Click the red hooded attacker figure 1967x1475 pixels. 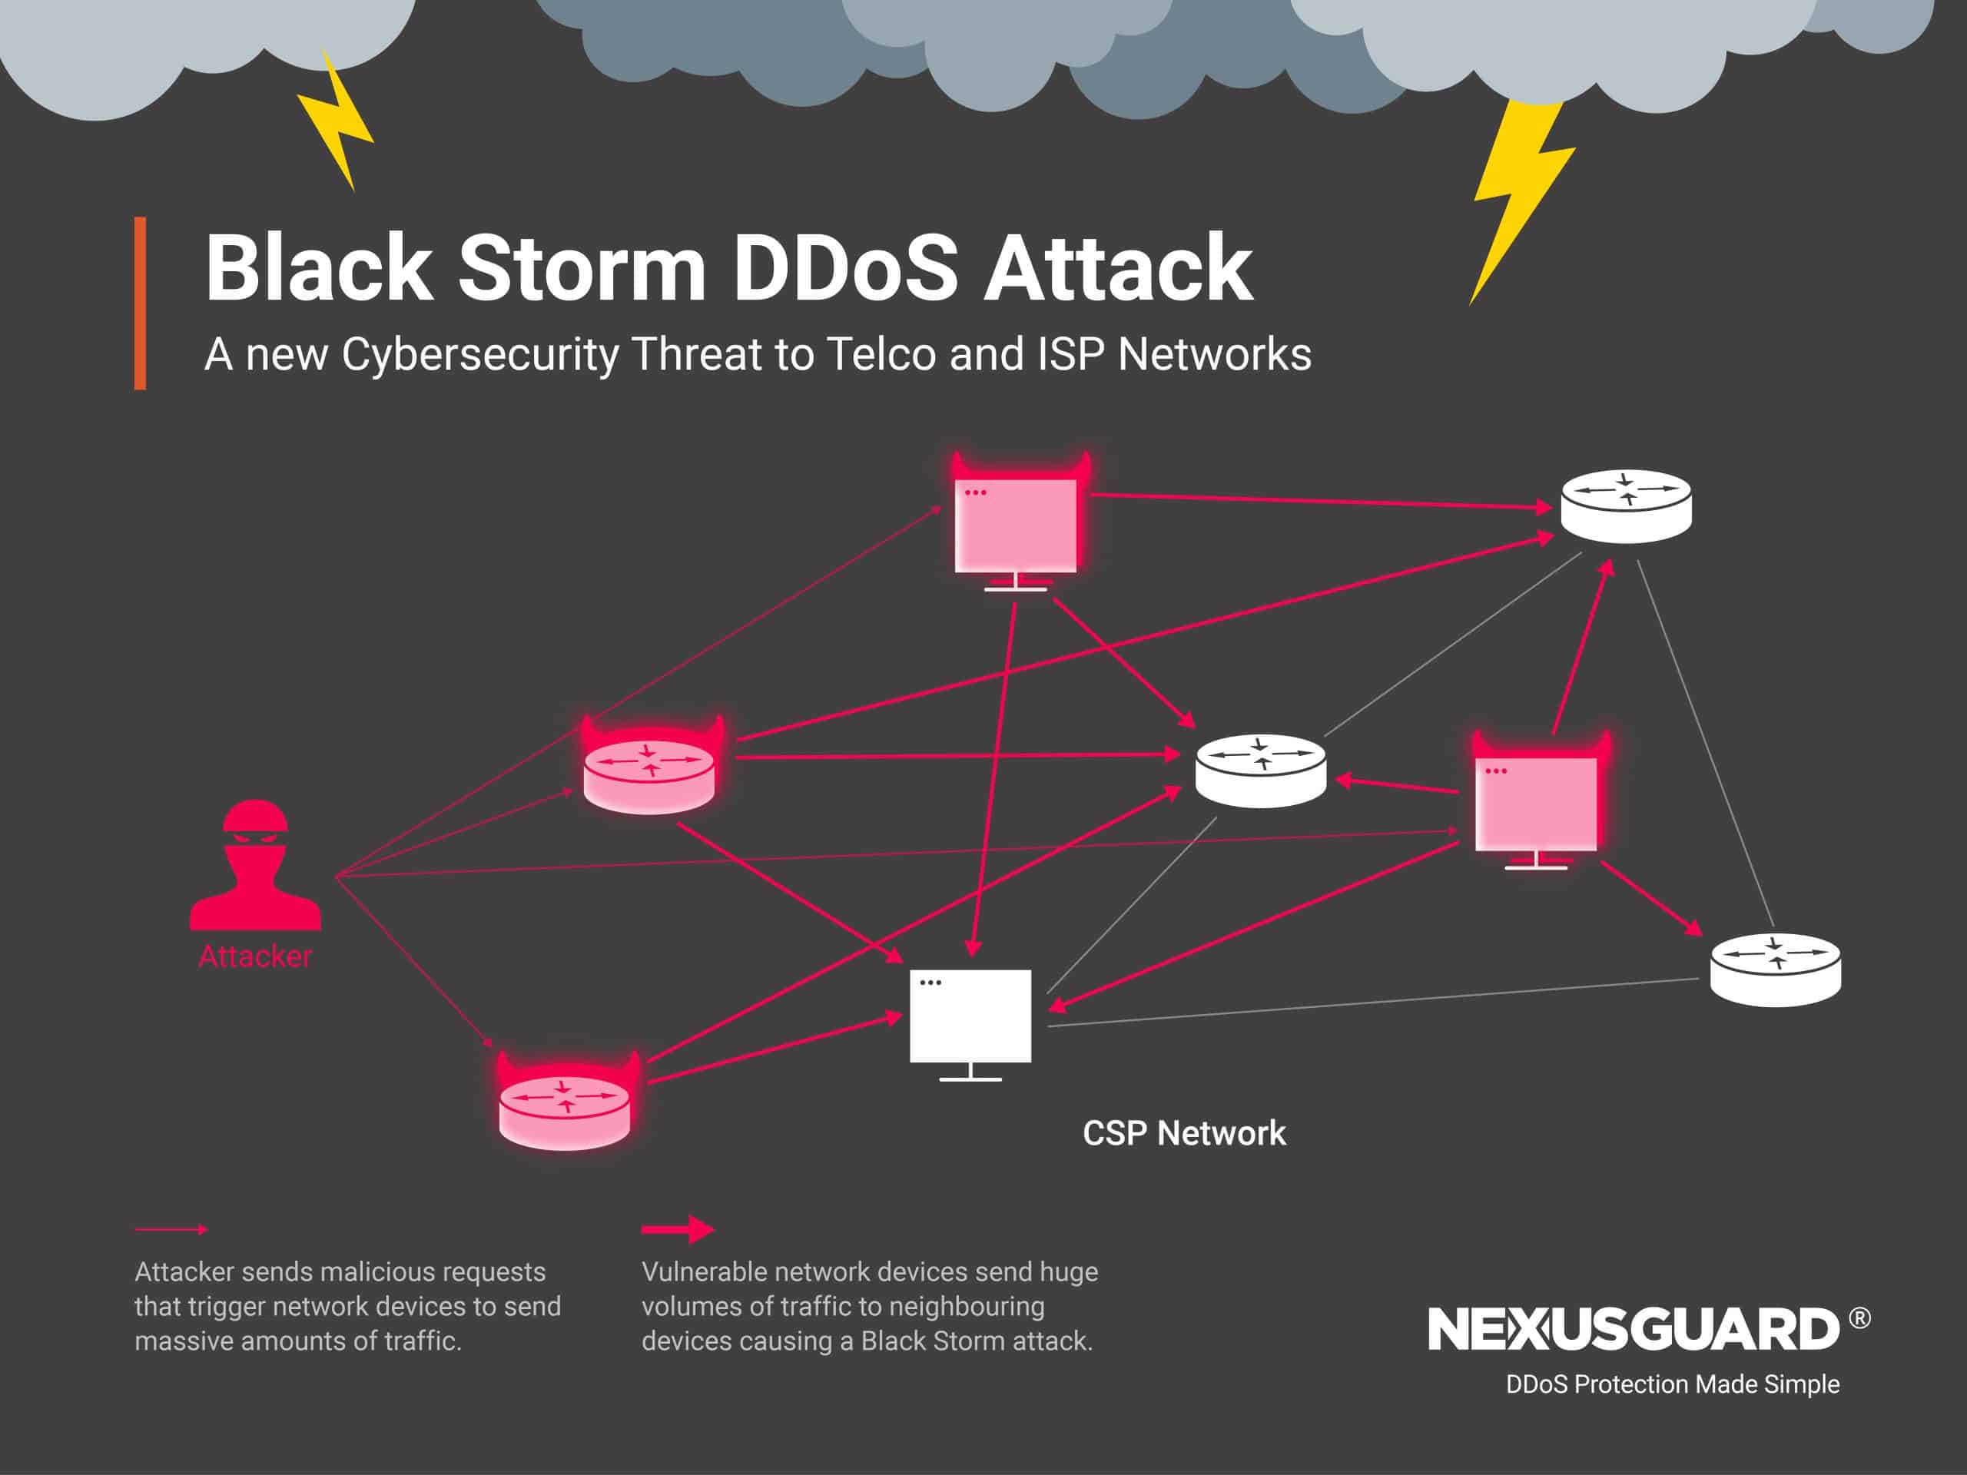[x=255, y=867]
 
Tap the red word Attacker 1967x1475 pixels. [x=255, y=956]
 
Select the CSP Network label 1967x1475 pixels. [x=1183, y=1134]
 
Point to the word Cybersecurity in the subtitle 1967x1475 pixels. [x=479, y=355]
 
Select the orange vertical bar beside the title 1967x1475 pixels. [x=140, y=303]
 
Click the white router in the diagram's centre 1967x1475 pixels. [x=1260, y=771]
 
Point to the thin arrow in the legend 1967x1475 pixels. [x=171, y=1230]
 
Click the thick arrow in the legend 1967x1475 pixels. [x=678, y=1230]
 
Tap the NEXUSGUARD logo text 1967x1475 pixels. [x=1633, y=1330]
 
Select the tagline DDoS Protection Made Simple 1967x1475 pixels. [x=1672, y=1384]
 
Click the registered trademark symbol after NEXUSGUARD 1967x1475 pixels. [x=1859, y=1318]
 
